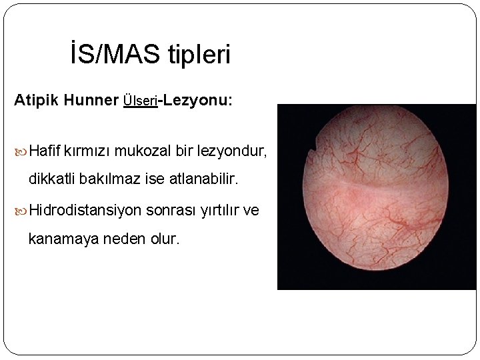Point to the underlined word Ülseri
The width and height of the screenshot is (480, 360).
pyautogui.click(x=140, y=101)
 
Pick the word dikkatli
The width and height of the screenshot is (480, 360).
pyautogui.click(x=52, y=179)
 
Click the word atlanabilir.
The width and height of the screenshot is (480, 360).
pyautogui.click(x=203, y=179)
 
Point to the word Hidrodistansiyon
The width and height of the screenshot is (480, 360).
pyautogui.click(x=85, y=210)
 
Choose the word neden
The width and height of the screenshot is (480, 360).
pyautogui.click(x=122, y=238)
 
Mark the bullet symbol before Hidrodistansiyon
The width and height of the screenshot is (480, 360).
pyautogui.click(x=21, y=211)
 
